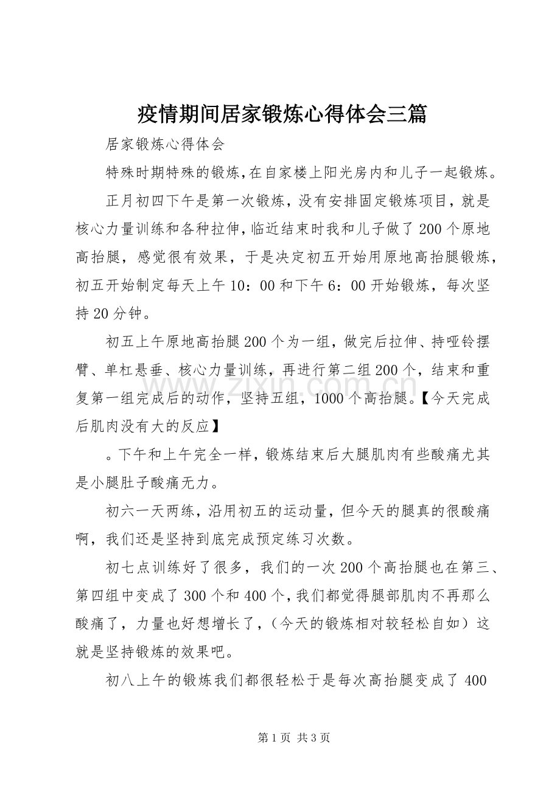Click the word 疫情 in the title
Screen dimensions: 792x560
point(154,114)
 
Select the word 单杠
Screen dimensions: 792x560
point(120,370)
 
